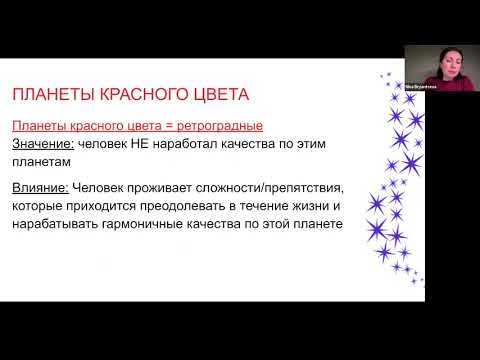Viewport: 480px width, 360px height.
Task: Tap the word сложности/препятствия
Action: (275, 187)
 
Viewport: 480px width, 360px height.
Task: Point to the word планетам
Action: (43, 162)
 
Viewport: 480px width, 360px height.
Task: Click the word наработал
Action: (180, 144)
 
